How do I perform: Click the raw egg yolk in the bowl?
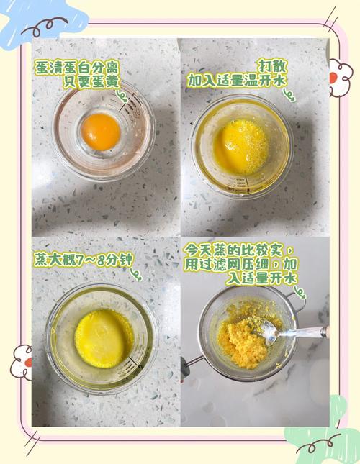tap(101, 131)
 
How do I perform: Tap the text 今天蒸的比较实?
tap(238, 250)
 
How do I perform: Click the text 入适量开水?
tap(261, 278)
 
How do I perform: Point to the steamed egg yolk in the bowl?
tap(104, 337)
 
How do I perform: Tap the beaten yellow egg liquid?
tap(240, 146)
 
